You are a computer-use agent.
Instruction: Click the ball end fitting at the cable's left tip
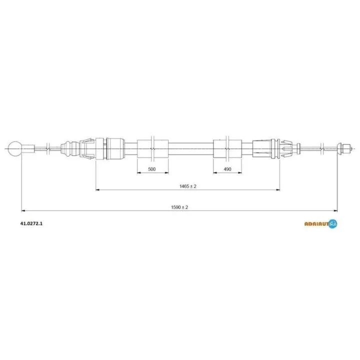pos(14,149)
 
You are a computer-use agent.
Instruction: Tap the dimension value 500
pos(152,169)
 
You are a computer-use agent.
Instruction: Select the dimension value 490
pos(227,169)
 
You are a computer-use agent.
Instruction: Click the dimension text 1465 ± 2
pos(188,186)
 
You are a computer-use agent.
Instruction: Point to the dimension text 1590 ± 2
pos(179,207)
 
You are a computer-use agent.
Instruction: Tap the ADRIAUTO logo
pos(320,223)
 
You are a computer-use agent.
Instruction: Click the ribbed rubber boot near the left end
pos(70,149)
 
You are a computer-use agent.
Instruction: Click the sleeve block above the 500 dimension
pos(152,149)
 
